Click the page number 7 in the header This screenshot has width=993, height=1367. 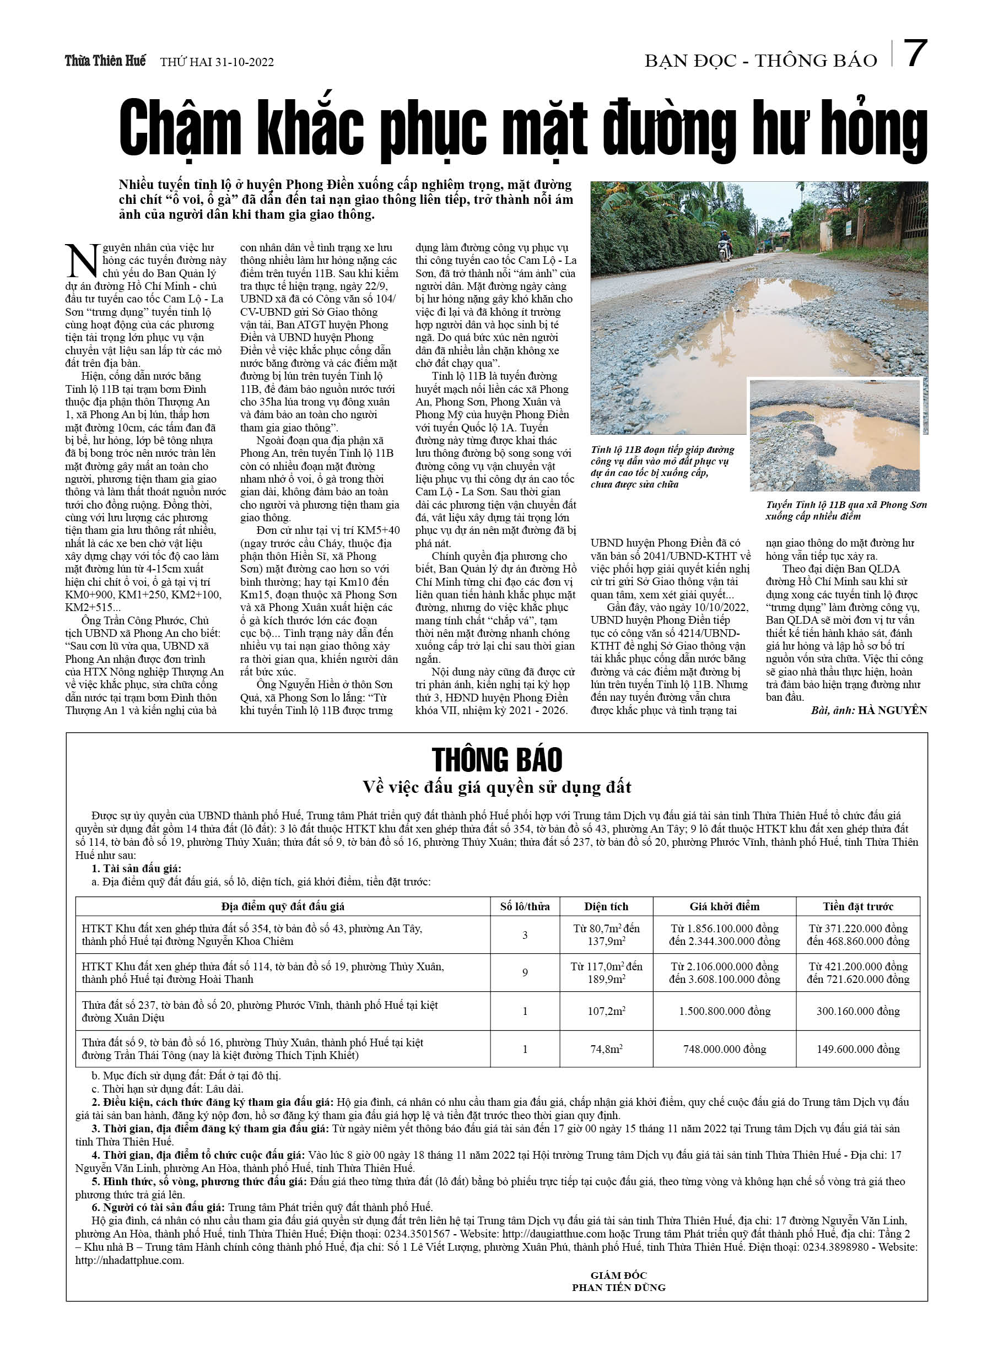915,54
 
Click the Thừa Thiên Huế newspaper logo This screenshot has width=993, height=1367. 105,61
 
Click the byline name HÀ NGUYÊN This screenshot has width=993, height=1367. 892,710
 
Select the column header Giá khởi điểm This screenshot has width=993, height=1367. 724,906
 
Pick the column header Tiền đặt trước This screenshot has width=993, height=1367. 857,906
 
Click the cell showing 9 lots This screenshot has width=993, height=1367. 525,972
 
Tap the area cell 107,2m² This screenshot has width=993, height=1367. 606,1011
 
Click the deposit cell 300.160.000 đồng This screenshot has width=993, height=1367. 857,1011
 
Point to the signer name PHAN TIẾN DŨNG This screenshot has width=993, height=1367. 619,1287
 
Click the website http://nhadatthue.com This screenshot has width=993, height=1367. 129,1260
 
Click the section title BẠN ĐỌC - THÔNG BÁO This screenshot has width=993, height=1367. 760,61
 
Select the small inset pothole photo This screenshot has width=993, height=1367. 834,435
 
